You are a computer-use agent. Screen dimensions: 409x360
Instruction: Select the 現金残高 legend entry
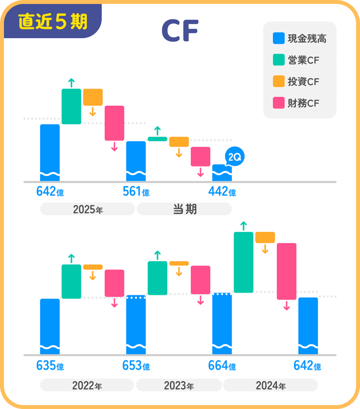tap(299, 39)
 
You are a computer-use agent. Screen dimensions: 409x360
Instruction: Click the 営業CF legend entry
tap(296, 60)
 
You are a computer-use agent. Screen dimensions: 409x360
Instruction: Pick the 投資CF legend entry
tap(296, 82)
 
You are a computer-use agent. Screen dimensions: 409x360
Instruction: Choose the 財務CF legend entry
tap(296, 103)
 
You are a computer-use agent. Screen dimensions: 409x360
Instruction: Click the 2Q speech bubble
tap(233, 158)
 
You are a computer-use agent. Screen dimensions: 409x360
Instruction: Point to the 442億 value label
tap(222, 192)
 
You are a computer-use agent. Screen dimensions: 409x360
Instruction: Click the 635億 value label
tap(49, 366)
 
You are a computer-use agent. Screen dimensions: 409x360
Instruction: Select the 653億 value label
tap(136, 366)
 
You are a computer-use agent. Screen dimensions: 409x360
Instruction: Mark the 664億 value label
tap(222, 366)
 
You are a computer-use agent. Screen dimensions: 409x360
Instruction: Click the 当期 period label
tap(184, 209)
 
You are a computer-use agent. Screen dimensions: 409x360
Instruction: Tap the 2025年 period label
tap(88, 209)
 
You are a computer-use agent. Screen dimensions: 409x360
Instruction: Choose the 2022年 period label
tap(87, 385)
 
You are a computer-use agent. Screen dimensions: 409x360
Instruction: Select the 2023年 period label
tap(179, 385)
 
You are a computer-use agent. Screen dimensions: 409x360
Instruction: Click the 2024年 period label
tap(271, 385)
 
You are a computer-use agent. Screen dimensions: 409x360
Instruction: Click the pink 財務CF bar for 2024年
tap(286, 271)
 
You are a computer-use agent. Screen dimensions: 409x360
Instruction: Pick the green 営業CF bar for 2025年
tap(71, 106)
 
